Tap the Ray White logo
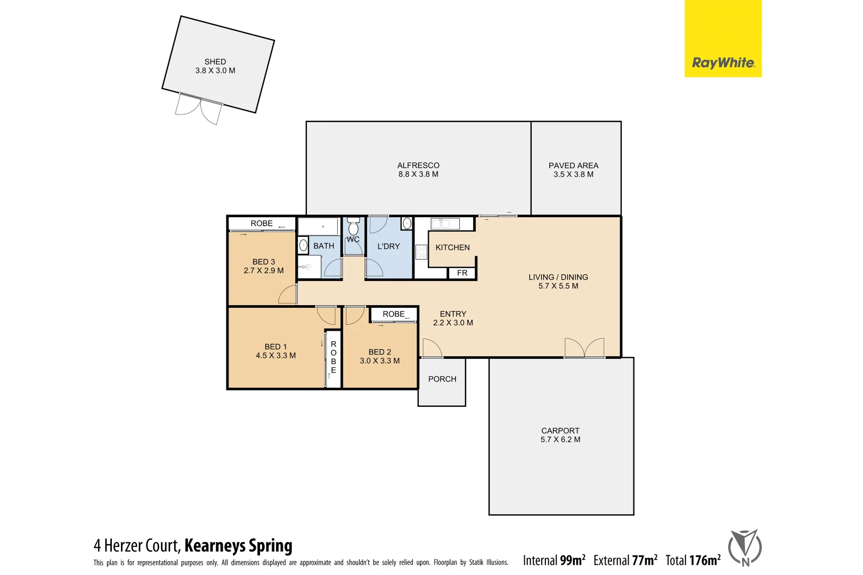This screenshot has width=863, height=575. click(x=723, y=63)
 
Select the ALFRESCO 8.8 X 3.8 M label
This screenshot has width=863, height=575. click(x=418, y=170)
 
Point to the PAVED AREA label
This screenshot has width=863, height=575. click(x=573, y=166)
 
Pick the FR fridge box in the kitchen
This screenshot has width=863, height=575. click(x=462, y=273)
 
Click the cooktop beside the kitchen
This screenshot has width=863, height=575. click(x=421, y=252)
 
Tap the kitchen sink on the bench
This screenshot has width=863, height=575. click(x=445, y=224)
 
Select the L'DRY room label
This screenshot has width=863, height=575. click(x=388, y=247)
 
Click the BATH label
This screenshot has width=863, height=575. click(x=324, y=246)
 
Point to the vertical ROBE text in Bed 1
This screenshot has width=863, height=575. click(x=333, y=357)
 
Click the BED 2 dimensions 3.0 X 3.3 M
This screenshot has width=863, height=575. click(x=379, y=361)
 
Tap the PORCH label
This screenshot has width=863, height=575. click(x=442, y=379)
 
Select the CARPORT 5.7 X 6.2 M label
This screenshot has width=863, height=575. click(x=560, y=435)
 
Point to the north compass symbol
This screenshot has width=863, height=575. click(x=745, y=547)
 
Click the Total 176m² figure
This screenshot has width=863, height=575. click(x=693, y=560)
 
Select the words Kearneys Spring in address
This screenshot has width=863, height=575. click(x=238, y=546)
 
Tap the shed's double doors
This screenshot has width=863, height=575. click(x=199, y=109)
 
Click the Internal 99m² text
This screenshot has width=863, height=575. click(x=553, y=560)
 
